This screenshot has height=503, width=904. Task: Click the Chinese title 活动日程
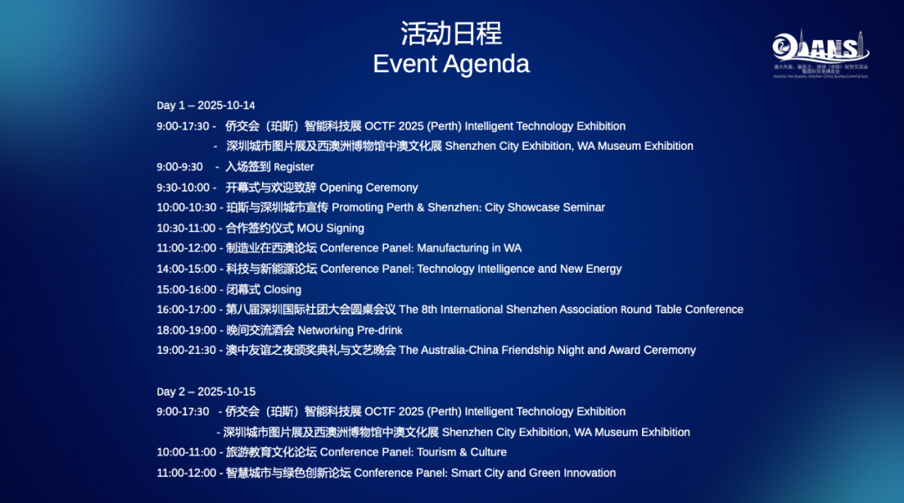[451, 33]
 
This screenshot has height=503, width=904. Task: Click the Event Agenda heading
[451, 64]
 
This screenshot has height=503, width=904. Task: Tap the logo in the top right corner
[820, 53]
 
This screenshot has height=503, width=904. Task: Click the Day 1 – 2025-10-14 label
[206, 105]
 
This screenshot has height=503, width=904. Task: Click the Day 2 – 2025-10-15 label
[206, 392]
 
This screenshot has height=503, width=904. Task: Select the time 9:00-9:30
[179, 167]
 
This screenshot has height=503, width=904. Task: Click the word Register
[294, 167]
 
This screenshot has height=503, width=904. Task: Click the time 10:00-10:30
[186, 208]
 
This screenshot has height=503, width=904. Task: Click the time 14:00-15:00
[186, 269]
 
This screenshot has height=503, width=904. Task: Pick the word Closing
[282, 290]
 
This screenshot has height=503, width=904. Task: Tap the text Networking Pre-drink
[350, 330]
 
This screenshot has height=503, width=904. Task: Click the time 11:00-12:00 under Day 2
[186, 473]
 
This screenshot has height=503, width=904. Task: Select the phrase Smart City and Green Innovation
[533, 473]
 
